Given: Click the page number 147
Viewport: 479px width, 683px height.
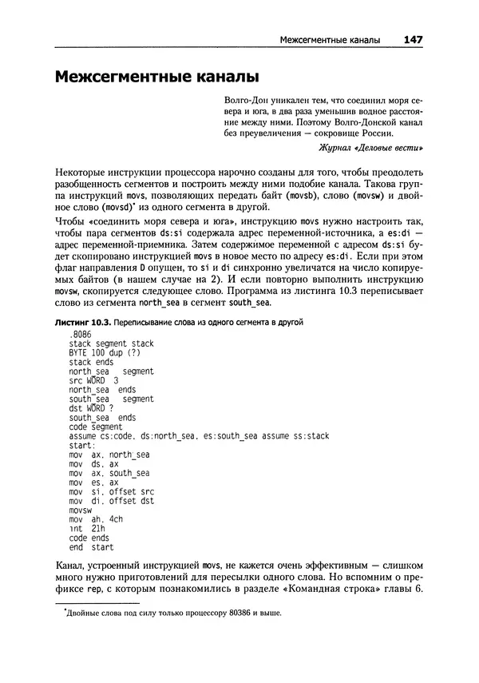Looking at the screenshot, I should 413,39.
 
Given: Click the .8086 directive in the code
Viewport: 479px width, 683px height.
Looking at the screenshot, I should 82,334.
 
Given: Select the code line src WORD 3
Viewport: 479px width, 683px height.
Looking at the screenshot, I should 93,380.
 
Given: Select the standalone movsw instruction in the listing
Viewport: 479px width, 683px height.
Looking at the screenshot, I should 81,510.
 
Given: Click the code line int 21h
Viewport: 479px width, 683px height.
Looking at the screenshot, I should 88,529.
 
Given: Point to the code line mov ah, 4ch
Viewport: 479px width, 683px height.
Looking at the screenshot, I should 96,519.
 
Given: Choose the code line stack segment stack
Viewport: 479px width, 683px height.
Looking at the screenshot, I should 111,343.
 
